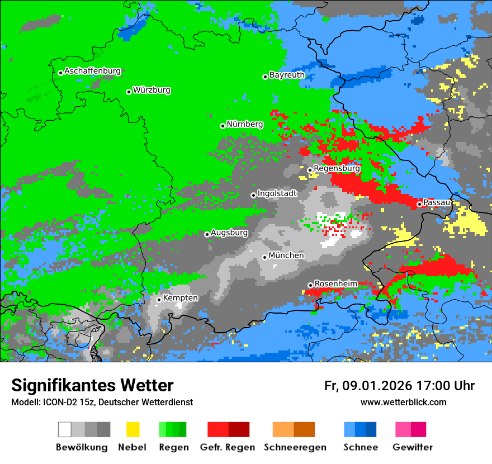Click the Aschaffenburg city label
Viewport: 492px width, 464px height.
92,72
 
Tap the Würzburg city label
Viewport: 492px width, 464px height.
152,91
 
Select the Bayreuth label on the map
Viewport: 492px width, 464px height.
287,75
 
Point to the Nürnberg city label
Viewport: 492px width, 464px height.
244,125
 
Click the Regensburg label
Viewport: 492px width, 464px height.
337,168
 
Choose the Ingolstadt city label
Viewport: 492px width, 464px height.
277,194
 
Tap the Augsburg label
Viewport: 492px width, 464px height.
229,233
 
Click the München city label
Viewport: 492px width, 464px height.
286,255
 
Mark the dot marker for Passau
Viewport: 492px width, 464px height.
419,205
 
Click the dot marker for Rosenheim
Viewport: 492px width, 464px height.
310,285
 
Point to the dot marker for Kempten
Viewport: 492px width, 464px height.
159,300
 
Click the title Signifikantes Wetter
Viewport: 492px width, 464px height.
92,386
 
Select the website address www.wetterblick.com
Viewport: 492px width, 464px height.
403,402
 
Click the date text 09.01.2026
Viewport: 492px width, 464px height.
377,386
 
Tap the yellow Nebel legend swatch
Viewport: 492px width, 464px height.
133,429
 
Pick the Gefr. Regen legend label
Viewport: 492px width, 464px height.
228,447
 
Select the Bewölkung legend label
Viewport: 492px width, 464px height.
82,447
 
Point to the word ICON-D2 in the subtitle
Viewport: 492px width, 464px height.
56,403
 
